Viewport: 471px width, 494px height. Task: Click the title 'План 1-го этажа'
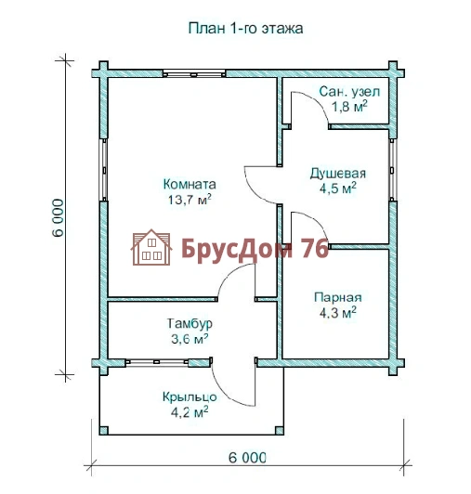click(245, 29)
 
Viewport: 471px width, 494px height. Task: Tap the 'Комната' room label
click(190, 184)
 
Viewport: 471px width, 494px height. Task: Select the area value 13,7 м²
click(190, 200)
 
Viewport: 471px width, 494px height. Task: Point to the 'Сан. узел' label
click(349, 92)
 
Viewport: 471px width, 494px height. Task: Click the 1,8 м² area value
click(349, 106)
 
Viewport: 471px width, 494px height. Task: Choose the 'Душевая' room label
click(338, 174)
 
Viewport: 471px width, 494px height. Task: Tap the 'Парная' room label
click(338, 298)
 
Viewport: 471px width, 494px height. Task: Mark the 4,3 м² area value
click(338, 313)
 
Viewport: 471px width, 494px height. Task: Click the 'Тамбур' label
click(190, 323)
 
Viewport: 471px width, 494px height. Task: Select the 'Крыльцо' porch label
click(190, 397)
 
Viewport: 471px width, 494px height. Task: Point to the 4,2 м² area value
click(190, 411)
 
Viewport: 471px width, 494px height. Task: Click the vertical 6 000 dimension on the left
click(58, 217)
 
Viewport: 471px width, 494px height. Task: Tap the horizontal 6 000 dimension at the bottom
click(247, 458)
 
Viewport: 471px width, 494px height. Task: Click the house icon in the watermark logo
click(151, 247)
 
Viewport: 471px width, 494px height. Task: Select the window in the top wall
click(194, 73)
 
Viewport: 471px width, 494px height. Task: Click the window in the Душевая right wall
click(392, 170)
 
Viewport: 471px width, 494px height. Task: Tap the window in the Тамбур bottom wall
click(157, 362)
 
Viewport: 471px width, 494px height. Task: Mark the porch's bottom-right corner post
click(279, 430)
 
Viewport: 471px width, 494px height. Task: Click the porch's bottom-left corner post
click(104, 430)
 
